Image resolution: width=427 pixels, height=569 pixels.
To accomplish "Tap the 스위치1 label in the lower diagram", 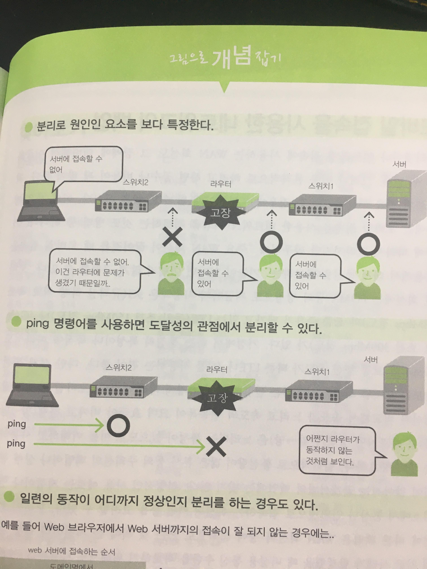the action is pyautogui.click(x=317, y=371).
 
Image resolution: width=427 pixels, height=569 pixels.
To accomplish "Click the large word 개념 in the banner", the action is pyautogui.click(x=231, y=58).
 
